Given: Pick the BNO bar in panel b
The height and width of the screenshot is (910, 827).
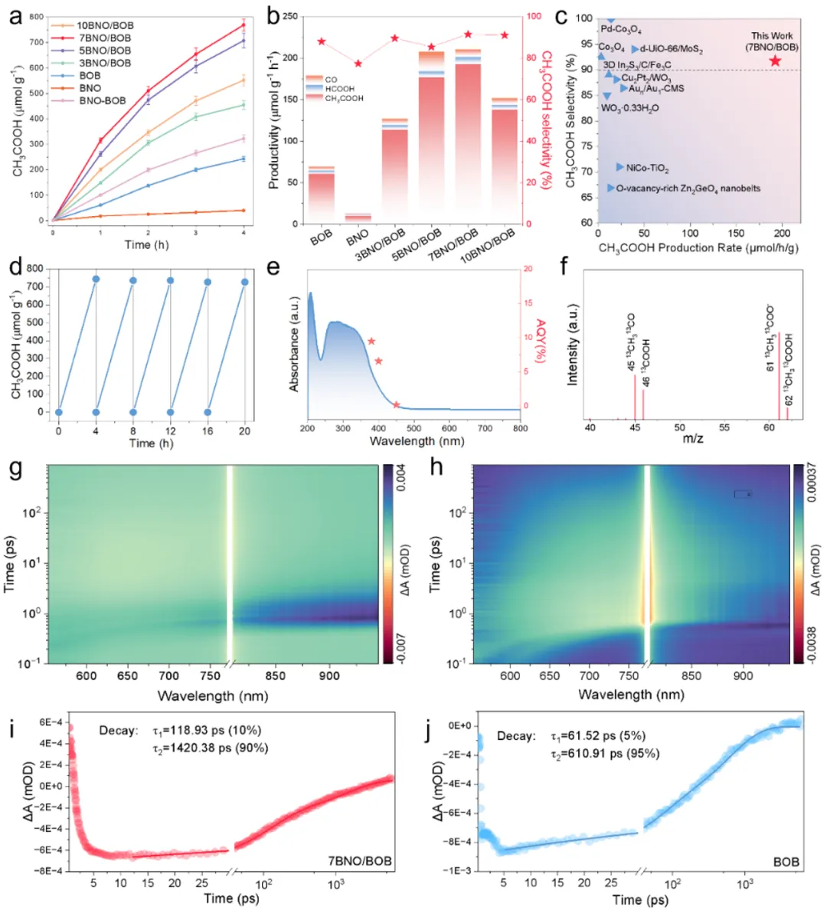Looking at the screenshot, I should (x=358, y=218).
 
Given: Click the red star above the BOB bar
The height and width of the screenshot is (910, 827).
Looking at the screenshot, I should (x=322, y=41).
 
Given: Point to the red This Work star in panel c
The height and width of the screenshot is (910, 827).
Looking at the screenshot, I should (x=775, y=61).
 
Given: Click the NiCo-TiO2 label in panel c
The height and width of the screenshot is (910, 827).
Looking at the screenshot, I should (x=647, y=168).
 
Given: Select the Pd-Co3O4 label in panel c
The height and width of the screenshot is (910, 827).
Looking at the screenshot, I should (x=621, y=29).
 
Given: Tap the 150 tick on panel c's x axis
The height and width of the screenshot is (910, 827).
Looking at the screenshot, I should (x=736, y=234).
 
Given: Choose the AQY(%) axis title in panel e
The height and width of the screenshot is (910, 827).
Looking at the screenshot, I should (x=541, y=341).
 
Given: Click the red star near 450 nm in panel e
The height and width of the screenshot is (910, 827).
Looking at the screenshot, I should (x=396, y=404).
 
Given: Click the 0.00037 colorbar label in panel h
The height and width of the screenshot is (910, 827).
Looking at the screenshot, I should (x=815, y=490).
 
